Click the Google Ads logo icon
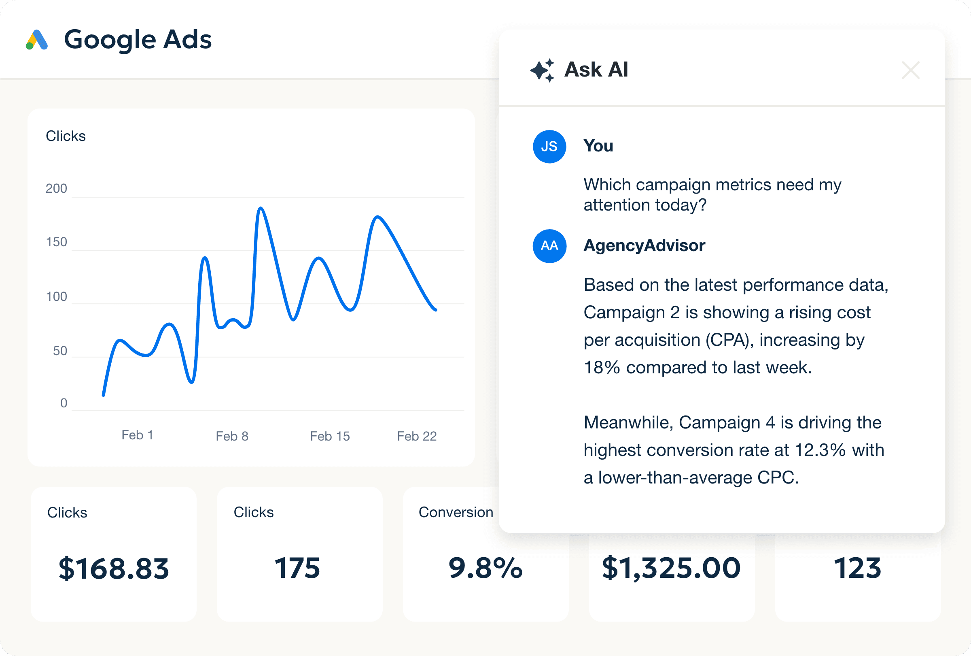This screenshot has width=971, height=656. pyautogui.click(x=37, y=40)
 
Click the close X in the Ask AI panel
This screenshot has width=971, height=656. pyautogui.click(x=910, y=70)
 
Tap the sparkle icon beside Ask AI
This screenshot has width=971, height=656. pyautogui.click(x=542, y=70)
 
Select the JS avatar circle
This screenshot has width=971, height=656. pyautogui.click(x=549, y=146)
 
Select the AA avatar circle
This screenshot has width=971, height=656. pyautogui.click(x=549, y=246)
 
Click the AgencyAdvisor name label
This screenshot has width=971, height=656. pyautogui.click(x=644, y=245)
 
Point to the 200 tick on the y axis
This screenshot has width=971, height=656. pyautogui.click(x=56, y=189)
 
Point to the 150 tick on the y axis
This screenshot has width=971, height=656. pyautogui.click(x=56, y=242)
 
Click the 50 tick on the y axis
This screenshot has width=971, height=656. pyautogui.click(x=60, y=351)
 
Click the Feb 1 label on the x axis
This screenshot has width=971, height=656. pyautogui.click(x=137, y=435)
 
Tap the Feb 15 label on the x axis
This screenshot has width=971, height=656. pyautogui.click(x=330, y=436)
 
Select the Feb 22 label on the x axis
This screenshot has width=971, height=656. pyautogui.click(x=417, y=436)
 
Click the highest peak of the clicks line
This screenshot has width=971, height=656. pyautogui.click(x=261, y=208)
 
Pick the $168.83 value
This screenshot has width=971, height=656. pyautogui.click(x=114, y=568)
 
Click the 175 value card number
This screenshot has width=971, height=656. pyautogui.click(x=297, y=568)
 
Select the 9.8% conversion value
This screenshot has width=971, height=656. pyautogui.click(x=485, y=568)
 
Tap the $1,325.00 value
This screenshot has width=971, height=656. pyautogui.click(x=671, y=568)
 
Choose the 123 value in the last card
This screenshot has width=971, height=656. pyautogui.click(x=857, y=568)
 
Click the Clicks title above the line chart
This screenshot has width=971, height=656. pyautogui.click(x=66, y=136)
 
